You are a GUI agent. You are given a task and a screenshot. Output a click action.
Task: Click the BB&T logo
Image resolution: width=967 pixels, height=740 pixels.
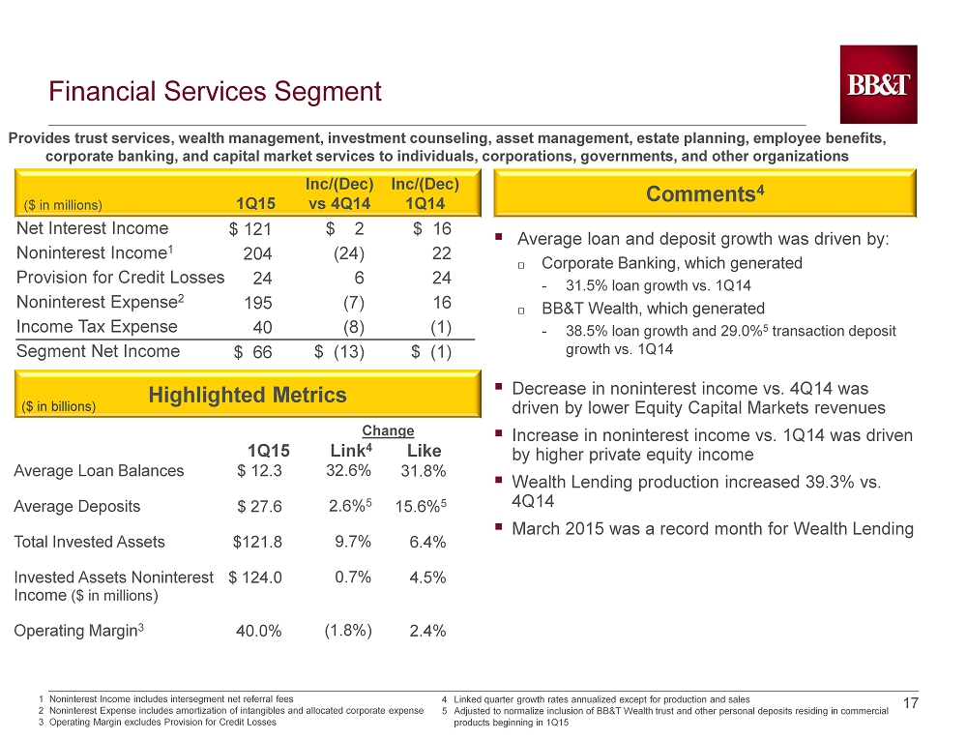pos(878,84)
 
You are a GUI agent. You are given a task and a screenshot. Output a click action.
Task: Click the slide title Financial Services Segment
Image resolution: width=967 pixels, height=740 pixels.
pos(216,91)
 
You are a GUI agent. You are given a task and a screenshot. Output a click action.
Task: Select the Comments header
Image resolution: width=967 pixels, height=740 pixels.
pos(705,193)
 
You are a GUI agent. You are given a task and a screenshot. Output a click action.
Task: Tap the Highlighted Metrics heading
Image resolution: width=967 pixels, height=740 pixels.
pos(248,395)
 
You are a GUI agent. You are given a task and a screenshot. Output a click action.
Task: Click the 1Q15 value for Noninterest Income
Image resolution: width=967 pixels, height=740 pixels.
pos(258,253)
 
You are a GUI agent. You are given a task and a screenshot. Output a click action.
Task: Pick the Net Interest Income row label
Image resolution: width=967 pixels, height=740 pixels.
pos(93,228)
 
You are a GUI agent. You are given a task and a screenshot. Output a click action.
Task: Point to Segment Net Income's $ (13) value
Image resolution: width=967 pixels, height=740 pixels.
pos(339,352)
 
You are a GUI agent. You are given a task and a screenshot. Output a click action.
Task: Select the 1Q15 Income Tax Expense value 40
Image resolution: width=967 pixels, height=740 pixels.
pos(263,328)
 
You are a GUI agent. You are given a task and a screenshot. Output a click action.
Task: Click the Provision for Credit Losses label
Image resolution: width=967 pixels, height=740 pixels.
pos(120,278)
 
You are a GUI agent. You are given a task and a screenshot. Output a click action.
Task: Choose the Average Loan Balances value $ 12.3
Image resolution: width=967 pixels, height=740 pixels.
pos(259,471)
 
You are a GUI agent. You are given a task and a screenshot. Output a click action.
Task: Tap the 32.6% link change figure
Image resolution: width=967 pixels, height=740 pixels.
pos(348,471)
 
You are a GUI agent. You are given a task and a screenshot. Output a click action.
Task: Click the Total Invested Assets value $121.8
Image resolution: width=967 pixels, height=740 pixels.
pos(257,542)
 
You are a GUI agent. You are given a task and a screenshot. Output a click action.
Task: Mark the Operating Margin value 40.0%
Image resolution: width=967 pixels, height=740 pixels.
pos(259,631)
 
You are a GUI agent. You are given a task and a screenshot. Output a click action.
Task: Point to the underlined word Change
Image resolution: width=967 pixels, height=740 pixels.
pos(388,430)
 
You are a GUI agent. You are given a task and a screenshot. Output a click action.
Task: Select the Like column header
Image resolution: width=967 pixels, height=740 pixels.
pos(425,451)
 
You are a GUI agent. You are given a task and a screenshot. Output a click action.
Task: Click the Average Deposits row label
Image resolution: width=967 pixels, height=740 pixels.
pos(77,506)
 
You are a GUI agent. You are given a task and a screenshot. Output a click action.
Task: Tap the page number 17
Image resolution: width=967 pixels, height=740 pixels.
pos(911,703)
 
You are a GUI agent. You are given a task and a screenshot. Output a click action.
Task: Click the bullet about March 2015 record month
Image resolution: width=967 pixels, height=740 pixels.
pos(713,529)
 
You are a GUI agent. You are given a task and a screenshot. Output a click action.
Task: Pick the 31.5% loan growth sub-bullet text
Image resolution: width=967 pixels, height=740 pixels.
pos(658,285)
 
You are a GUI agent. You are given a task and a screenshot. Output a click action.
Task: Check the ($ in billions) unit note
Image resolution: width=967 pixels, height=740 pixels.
pos(59,406)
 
